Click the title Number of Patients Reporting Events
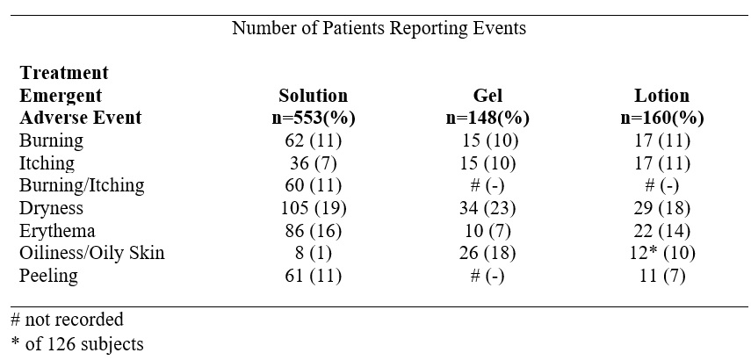[379, 28]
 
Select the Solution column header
[313, 96]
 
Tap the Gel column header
[487, 96]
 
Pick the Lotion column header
[661, 96]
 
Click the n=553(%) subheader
[313, 119]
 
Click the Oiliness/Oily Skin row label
[92, 254]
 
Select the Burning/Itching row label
[82, 186]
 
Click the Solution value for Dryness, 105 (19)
[313, 209]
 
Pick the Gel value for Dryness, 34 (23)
[487, 209]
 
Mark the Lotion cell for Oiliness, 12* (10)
[661, 254]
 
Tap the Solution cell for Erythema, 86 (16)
[313, 232]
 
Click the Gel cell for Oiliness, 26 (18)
[487, 254]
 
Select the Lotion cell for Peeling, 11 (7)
[661, 277]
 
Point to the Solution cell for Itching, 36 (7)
[313, 163]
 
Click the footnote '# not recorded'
[67, 320]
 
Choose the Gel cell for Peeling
[487, 277]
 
